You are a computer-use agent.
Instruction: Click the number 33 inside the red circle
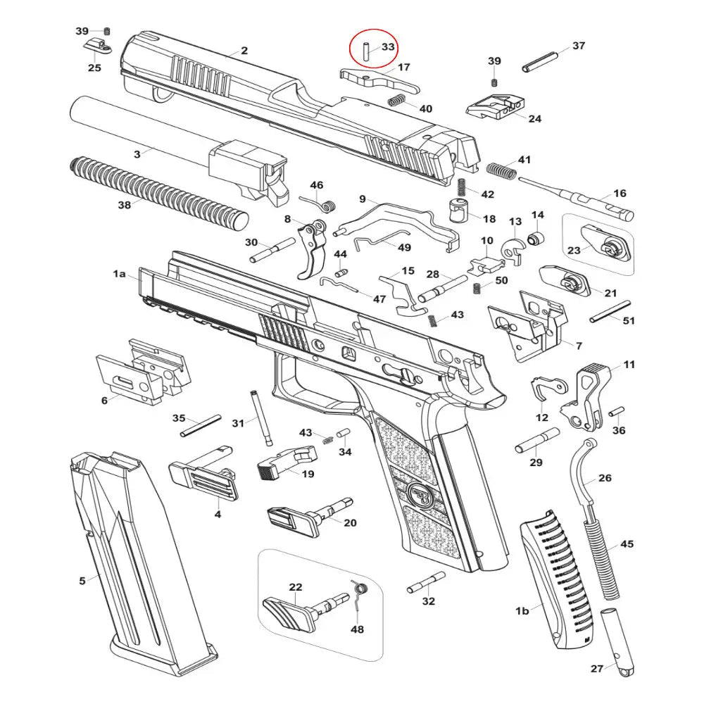click(x=388, y=48)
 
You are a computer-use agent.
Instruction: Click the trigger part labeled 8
click(x=312, y=250)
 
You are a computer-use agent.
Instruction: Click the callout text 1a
click(x=119, y=274)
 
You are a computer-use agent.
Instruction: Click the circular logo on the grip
click(x=420, y=493)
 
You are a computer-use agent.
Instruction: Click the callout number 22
click(x=296, y=587)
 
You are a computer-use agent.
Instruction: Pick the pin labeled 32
click(x=426, y=581)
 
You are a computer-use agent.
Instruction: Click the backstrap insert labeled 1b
click(x=556, y=584)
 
